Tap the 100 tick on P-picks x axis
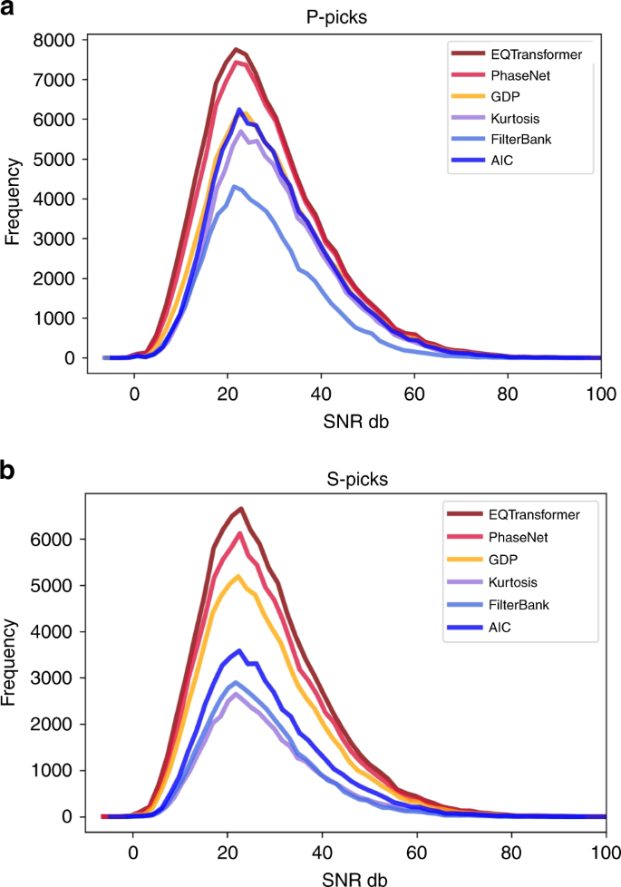coord(601,395)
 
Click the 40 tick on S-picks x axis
coord(322,854)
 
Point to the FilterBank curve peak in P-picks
coord(235,187)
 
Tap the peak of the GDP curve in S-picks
coord(238,576)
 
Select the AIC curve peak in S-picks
coord(238,650)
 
